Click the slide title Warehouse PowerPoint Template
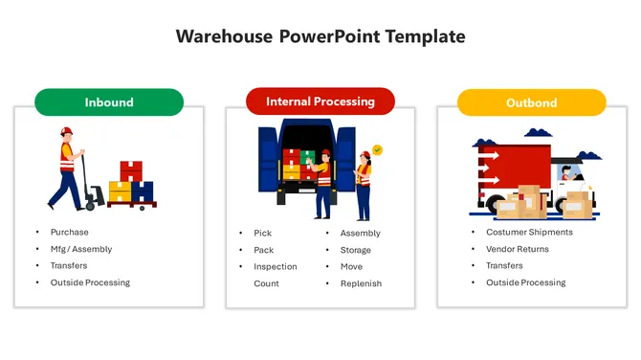coord(320,36)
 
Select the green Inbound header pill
coord(109,102)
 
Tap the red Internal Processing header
coord(320,101)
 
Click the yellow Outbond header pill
coord(532,102)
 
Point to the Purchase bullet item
coord(70,232)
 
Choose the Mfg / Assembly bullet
coord(81,249)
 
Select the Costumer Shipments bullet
coord(529,232)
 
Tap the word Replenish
coord(361,283)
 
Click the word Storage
coord(356,250)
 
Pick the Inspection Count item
coord(275,275)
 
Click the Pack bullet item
coord(263,250)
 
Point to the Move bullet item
coord(351,266)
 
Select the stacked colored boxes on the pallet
coord(131,183)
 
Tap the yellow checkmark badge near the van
coord(377,150)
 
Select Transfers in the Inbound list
coord(69,265)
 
